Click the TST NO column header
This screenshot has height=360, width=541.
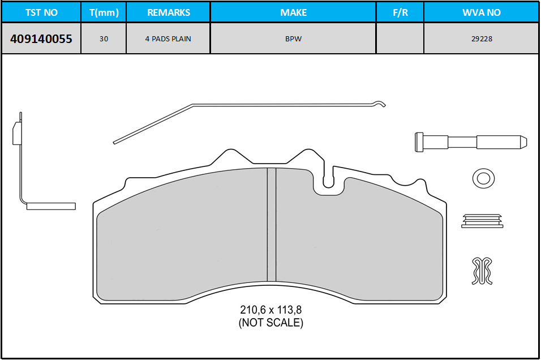[41, 12]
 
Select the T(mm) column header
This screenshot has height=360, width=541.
[104, 12]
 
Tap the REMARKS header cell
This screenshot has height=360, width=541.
[169, 12]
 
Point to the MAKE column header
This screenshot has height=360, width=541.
[294, 12]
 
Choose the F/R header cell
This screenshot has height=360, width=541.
[400, 12]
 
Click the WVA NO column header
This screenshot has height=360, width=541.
[482, 12]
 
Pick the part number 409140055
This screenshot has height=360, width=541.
[41, 38]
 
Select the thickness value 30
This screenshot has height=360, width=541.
[104, 38]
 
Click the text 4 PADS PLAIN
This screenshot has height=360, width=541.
[169, 38]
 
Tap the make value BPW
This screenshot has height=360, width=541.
[293, 38]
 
